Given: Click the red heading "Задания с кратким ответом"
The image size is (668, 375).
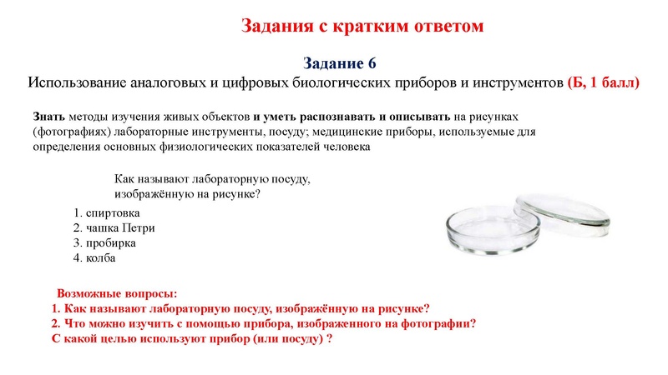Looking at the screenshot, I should click(362, 26).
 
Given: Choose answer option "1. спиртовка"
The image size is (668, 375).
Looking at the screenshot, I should click(106, 212).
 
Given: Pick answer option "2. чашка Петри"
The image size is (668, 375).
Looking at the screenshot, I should click(114, 227).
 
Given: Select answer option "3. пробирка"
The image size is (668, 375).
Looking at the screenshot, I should click(104, 242).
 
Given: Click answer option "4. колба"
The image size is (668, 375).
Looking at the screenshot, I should click(94, 257).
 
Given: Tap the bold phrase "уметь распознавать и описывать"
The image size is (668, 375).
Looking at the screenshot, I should click(352, 116).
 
